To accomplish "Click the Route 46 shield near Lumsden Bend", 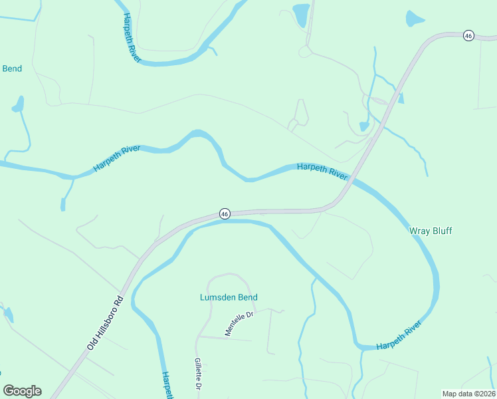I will [225, 213].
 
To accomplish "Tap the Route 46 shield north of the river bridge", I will [468, 36].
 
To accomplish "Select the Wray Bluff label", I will [430, 231].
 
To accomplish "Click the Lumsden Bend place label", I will [229, 297].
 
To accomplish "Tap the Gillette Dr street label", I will [198, 374].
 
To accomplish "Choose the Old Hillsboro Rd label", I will [105, 323].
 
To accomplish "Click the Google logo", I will [22, 391].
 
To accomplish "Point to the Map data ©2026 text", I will [468, 393].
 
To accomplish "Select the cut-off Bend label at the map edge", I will [12, 68].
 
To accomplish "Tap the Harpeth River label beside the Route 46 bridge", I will [322, 171].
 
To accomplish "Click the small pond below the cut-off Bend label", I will [18, 104].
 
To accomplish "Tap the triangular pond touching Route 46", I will [400, 98].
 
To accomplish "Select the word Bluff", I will [441, 231].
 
